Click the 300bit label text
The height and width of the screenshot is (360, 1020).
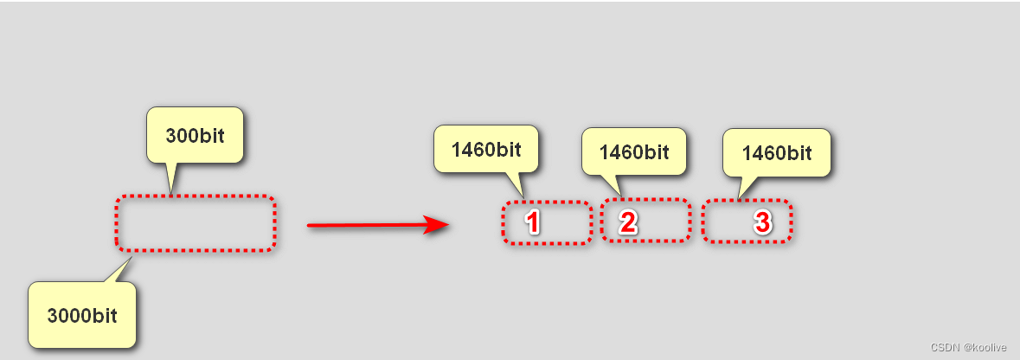pos(196,136)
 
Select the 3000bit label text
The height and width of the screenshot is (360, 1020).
pos(82,315)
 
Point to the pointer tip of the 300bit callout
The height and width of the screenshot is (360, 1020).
pos(170,195)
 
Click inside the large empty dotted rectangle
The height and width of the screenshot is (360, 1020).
pos(196,224)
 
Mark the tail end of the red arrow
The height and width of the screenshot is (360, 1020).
pos(310,226)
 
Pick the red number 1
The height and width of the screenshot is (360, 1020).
pos(533,222)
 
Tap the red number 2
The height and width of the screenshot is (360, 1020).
pos(628,222)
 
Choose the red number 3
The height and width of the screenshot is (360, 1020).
pos(761,222)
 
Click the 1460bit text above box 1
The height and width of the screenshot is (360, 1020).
pos(486,150)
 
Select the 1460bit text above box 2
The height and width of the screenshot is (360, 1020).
pos(634,152)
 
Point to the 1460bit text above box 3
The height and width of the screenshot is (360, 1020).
pos(777,153)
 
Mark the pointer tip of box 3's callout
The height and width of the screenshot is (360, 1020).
pos(738,200)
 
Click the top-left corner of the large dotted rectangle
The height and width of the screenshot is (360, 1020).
pos(118,198)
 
